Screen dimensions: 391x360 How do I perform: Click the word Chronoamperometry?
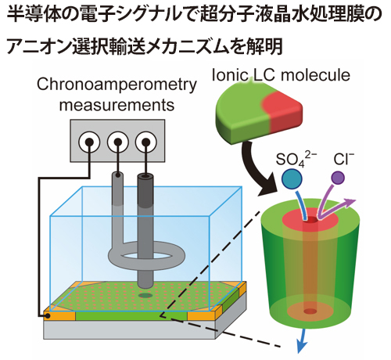pyautogui.click(x=117, y=85)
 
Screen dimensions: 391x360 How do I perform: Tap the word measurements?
pyautogui.click(x=117, y=105)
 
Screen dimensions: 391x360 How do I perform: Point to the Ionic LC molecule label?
pyautogui.click(x=281, y=75)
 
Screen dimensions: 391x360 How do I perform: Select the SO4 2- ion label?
pyautogui.click(x=296, y=160)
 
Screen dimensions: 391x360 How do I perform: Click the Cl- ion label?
pyautogui.click(x=343, y=159)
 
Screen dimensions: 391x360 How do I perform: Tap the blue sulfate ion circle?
pyautogui.click(x=292, y=179)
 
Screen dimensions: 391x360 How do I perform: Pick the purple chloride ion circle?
pyautogui.click(x=338, y=178)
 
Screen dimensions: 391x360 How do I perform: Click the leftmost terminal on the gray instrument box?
pyautogui.click(x=89, y=142)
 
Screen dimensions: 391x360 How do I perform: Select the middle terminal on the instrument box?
pyautogui.click(x=118, y=142)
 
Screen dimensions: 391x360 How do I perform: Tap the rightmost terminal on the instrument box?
pyautogui.click(x=146, y=142)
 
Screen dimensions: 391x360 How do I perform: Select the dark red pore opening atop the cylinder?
pyautogui.click(x=310, y=221)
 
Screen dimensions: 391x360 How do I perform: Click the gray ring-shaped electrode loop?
pyautogui.click(x=147, y=255)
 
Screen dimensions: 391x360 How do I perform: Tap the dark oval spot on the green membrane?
pyautogui.click(x=145, y=295)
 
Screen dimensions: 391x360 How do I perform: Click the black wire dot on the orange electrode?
pyautogui.click(x=47, y=316)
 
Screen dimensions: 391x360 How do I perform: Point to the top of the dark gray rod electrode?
pyautogui.click(x=145, y=177)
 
